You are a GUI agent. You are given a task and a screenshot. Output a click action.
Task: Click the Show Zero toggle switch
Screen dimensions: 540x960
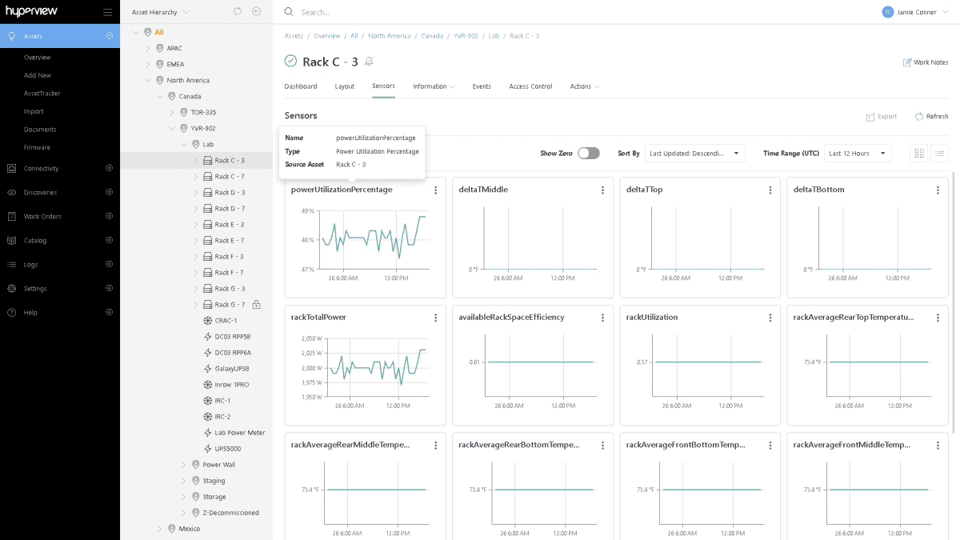click(588, 153)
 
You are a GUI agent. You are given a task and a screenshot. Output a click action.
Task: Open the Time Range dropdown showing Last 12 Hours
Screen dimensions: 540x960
click(858, 153)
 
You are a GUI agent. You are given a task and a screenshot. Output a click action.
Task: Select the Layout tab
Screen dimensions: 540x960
click(344, 86)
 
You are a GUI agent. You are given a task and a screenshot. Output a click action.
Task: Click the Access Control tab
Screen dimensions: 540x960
click(530, 86)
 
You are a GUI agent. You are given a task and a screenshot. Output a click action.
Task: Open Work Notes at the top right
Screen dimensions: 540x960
click(926, 62)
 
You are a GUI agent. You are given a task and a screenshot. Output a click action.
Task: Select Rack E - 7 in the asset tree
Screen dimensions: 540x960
click(229, 241)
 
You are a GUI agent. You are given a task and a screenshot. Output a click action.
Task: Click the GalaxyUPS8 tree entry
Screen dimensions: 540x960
click(232, 369)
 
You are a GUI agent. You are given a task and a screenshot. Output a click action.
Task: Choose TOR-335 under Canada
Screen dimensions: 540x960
click(203, 113)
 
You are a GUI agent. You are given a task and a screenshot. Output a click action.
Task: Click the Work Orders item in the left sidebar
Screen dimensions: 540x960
click(42, 217)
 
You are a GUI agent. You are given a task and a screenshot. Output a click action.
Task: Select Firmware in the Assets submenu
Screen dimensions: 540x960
click(37, 147)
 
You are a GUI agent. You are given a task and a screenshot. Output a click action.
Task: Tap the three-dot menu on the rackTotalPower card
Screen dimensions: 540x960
click(435, 318)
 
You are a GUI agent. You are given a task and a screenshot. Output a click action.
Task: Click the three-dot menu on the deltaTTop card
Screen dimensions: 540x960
click(770, 190)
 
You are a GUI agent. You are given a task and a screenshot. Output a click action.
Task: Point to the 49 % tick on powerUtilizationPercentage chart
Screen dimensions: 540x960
click(307, 211)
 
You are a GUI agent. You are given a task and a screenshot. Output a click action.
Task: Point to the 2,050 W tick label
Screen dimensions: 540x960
click(313, 338)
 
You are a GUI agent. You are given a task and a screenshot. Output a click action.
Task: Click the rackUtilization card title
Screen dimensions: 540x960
click(651, 318)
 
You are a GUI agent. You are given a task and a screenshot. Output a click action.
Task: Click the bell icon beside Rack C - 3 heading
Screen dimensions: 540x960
click(369, 62)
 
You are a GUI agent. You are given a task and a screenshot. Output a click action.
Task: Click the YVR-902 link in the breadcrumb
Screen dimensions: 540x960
click(465, 36)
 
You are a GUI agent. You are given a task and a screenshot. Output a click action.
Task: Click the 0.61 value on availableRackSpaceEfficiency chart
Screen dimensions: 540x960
click(474, 362)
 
